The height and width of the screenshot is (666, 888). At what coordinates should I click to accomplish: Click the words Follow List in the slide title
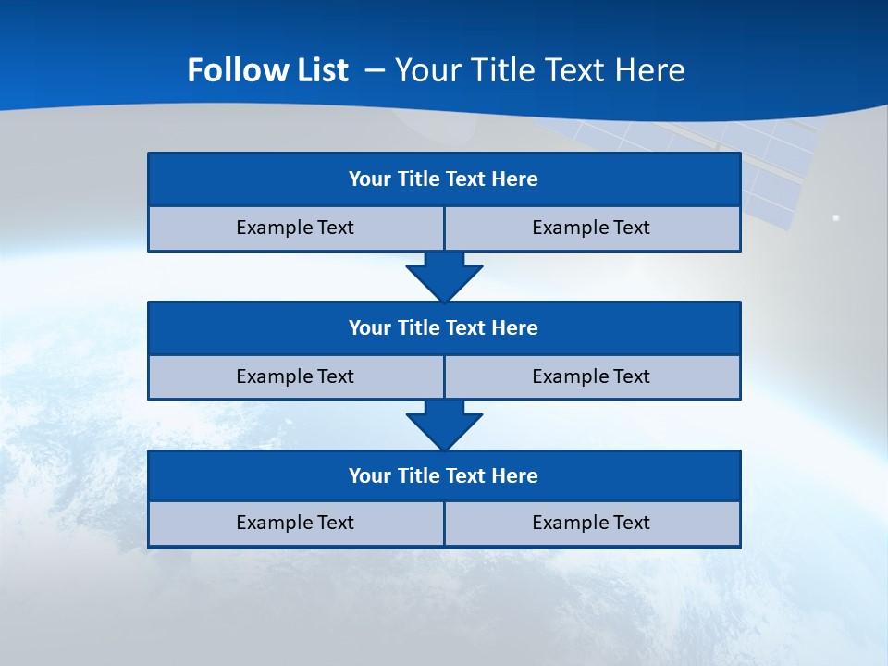(267, 70)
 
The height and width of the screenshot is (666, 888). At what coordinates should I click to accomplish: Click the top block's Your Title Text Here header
(443, 179)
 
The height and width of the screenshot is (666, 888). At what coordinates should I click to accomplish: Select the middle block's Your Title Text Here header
(443, 328)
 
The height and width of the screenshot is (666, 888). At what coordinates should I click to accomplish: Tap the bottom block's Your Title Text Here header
(443, 476)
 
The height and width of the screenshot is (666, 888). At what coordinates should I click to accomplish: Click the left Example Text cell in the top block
(295, 228)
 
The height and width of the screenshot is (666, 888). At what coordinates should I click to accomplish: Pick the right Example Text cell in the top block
(591, 228)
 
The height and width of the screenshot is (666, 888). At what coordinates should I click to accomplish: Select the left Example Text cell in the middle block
(295, 376)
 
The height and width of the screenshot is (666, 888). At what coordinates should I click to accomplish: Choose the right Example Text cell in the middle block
(591, 376)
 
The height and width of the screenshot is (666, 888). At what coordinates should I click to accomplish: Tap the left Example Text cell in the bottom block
(295, 523)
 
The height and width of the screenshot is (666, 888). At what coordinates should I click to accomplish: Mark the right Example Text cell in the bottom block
(591, 523)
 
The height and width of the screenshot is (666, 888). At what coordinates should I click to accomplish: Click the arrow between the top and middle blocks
(444, 276)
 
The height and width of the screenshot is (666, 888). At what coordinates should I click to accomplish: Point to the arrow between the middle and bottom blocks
(444, 425)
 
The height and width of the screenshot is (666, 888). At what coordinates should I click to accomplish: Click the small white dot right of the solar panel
(836, 217)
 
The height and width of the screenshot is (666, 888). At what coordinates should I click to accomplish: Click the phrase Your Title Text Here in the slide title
(540, 70)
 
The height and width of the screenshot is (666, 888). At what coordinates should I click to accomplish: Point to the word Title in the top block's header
(418, 179)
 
